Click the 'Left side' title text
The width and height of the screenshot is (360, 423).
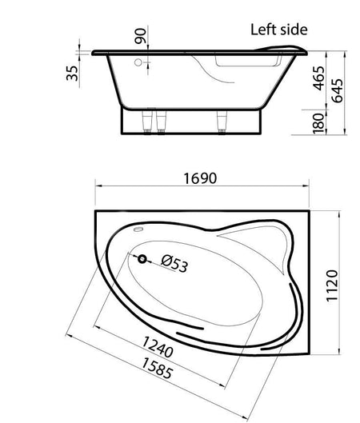pyautogui.click(x=278, y=30)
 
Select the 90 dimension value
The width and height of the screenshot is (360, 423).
pyautogui.click(x=141, y=36)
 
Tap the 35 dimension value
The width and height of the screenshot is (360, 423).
pyautogui.click(x=72, y=73)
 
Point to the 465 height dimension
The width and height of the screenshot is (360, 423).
pyautogui.click(x=318, y=78)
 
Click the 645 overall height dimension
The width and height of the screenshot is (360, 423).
pyautogui.click(x=338, y=90)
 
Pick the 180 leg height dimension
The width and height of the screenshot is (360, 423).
pyautogui.click(x=318, y=124)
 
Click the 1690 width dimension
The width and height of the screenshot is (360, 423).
pyautogui.click(x=200, y=178)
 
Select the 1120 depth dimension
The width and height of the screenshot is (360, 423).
pyautogui.click(x=332, y=285)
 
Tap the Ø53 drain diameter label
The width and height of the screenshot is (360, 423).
pyautogui.click(x=174, y=264)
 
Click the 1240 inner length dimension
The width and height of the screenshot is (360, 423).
pyautogui.click(x=158, y=347)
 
